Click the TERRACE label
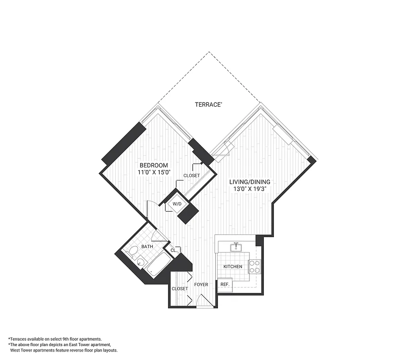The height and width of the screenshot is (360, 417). (x=208, y=104)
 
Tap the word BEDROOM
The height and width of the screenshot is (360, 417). (x=154, y=165)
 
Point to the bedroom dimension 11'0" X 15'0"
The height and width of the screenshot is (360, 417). (x=154, y=172)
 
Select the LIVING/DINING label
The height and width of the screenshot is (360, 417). (x=250, y=182)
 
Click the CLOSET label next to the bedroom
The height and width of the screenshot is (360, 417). (x=191, y=175)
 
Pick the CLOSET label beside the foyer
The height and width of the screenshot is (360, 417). (x=180, y=288)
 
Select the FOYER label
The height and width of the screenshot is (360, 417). (x=201, y=284)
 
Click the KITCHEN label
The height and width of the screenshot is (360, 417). (x=233, y=266)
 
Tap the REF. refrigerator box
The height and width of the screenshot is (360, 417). (x=225, y=284)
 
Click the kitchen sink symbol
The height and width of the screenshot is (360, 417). (x=236, y=247)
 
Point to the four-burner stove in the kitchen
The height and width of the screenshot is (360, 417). (x=254, y=266)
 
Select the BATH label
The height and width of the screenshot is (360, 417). (x=147, y=247)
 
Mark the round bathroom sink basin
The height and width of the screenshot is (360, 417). (x=141, y=262)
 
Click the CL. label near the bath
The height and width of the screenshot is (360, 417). (x=173, y=250)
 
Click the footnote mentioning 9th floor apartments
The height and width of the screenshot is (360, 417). (x=55, y=338)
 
